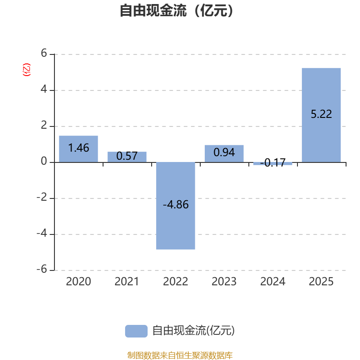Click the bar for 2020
[x=78, y=148]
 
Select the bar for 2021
[x=127, y=157]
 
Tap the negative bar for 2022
[x=175, y=206]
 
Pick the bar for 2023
[x=224, y=153]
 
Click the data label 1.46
[x=78, y=148]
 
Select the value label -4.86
[x=175, y=205]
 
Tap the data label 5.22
[x=321, y=114]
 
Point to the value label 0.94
[x=224, y=153]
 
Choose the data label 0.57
[x=127, y=156]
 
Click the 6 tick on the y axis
[x=44, y=54]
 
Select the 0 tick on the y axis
[x=44, y=162]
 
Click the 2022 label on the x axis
[x=175, y=282]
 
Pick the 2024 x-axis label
[x=273, y=282]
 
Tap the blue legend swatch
[x=136, y=331]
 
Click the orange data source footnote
[x=180, y=355]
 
